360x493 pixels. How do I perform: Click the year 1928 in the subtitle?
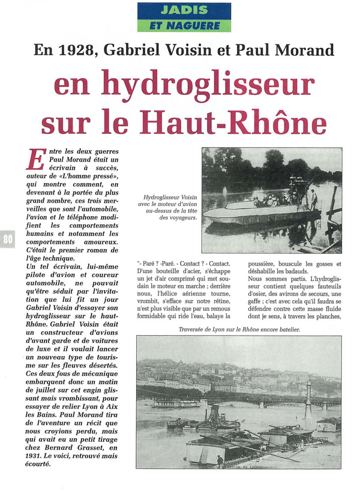click(x=75, y=51)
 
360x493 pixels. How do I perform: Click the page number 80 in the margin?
click(x=8, y=239)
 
